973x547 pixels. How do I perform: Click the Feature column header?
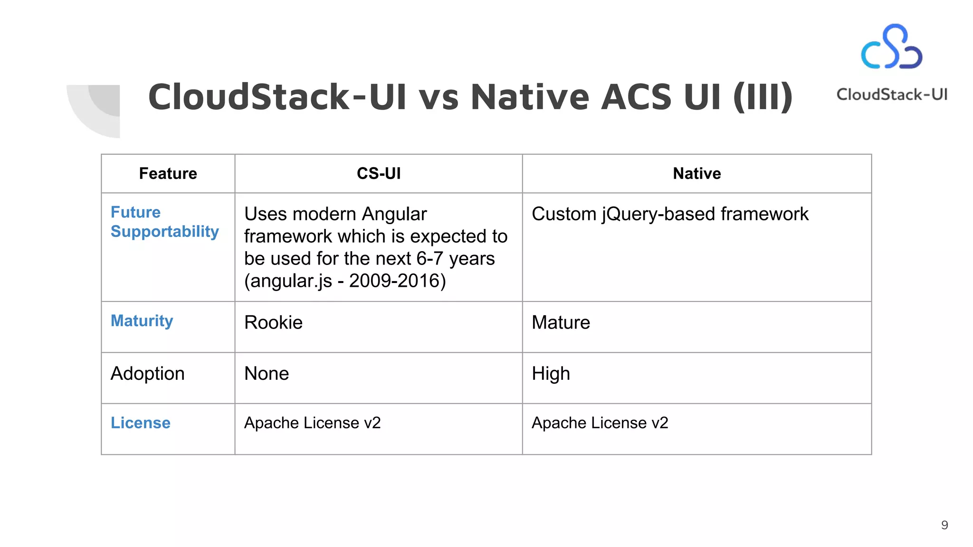[x=168, y=174]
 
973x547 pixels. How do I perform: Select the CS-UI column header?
[x=379, y=174]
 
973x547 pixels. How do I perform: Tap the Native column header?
[x=696, y=174]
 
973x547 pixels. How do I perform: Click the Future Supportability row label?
[x=164, y=222]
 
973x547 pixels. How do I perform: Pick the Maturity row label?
[x=142, y=321]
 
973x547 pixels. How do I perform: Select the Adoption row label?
[x=147, y=374]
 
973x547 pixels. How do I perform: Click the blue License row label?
[x=140, y=423]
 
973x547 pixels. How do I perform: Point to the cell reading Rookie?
[x=273, y=323]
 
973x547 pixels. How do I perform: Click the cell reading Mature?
[x=561, y=323]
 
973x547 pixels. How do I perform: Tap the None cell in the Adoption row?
[x=267, y=374]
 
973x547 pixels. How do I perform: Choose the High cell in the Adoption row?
[x=551, y=374]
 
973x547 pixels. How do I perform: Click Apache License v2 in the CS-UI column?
[x=312, y=423]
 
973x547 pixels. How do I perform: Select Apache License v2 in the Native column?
[x=600, y=423]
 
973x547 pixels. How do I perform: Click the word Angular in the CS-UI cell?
[x=394, y=215]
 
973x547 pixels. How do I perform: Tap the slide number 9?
[x=944, y=525]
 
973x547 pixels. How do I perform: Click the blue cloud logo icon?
[x=892, y=47]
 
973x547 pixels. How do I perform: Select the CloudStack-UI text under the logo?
[x=892, y=94]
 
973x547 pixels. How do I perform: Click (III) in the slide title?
[x=763, y=97]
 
